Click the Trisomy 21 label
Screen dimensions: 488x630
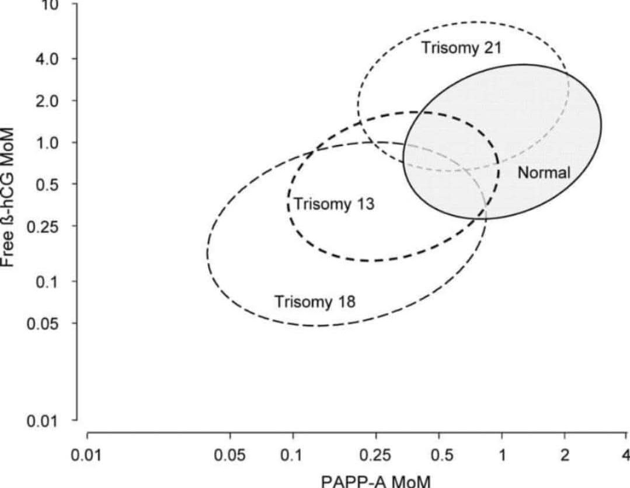click(461, 48)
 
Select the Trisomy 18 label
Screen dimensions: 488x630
click(315, 302)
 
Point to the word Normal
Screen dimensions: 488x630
click(544, 172)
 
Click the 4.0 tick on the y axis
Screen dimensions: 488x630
click(49, 59)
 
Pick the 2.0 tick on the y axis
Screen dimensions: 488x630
click(49, 100)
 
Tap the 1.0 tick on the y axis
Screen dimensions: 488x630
click(49, 142)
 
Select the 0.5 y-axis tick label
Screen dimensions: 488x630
click(49, 184)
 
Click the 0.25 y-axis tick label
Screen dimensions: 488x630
click(46, 226)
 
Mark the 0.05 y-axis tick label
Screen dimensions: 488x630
click(46, 323)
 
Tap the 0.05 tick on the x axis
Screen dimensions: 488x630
click(230, 455)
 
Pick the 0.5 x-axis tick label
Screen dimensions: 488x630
click(439, 455)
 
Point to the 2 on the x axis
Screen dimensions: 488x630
click(564, 455)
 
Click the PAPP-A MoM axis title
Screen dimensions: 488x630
click(376, 481)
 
